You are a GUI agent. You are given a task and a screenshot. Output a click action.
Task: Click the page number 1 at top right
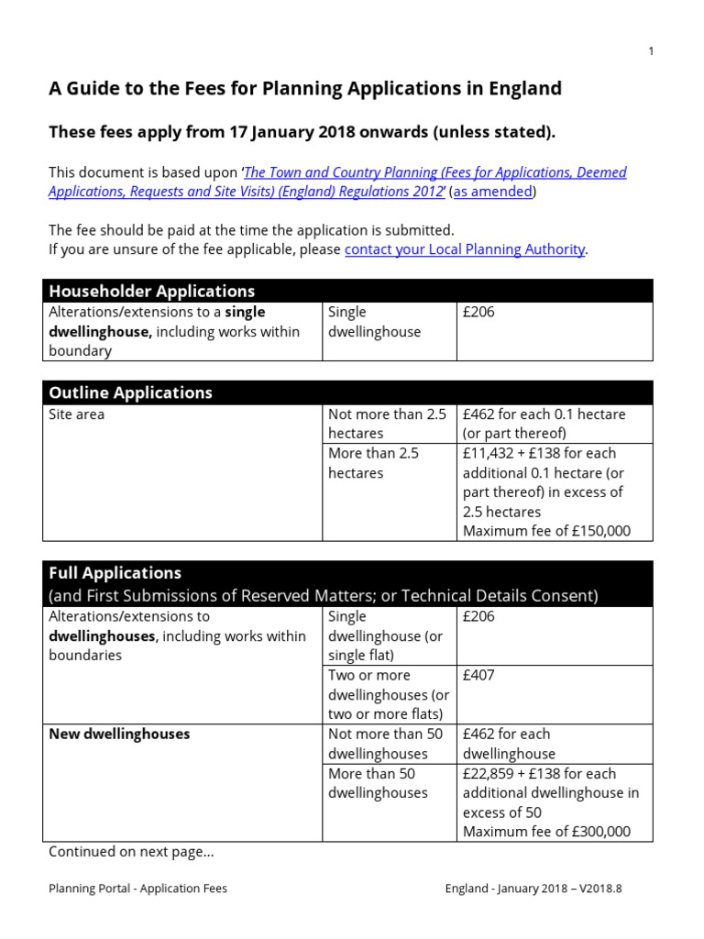click(x=651, y=51)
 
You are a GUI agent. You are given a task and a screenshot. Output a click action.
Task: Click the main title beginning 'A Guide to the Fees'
click(x=304, y=89)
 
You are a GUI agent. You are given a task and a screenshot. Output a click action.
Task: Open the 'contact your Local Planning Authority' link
click(x=465, y=249)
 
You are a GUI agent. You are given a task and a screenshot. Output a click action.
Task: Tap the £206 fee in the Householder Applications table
click(x=478, y=313)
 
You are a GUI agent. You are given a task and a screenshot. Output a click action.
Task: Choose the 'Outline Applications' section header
click(x=130, y=393)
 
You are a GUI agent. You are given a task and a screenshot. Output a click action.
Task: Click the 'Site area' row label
click(x=76, y=414)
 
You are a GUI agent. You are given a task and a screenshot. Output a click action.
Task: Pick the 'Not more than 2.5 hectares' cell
click(x=388, y=424)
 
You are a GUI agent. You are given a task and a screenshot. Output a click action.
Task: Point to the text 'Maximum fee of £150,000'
click(x=546, y=531)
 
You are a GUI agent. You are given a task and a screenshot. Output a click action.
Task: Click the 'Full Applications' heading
click(x=115, y=573)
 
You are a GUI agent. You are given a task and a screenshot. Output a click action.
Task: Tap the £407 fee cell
click(x=478, y=676)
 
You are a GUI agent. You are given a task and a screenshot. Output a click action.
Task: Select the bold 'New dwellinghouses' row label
click(x=119, y=735)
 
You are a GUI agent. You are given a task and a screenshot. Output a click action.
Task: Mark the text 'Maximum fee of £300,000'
click(x=546, y=832)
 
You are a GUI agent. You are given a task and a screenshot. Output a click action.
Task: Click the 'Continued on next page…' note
click(x=131, y=853)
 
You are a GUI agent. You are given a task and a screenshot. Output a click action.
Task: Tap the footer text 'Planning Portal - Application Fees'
click(x=137, y=889)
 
